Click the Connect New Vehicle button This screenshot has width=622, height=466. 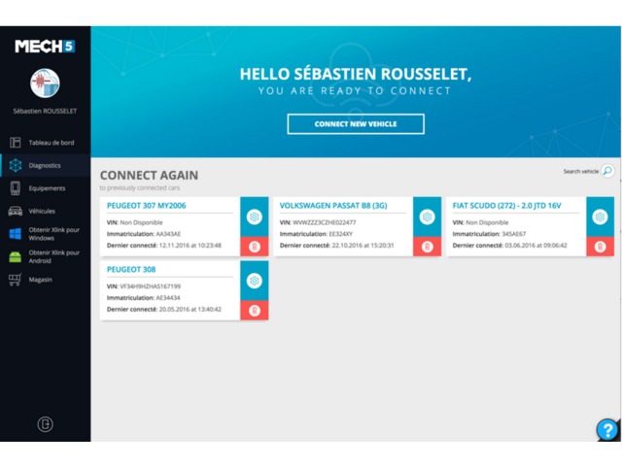click(356, 124)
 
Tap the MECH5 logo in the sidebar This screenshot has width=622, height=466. click(45, 47)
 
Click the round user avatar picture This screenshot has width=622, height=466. click(45, 83)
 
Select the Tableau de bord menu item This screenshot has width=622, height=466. click(52, 143)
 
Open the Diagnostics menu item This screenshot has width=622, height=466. click(45, 166)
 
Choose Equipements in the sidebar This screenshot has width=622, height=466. click(47, 188)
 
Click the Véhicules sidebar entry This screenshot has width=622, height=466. click(42, 212)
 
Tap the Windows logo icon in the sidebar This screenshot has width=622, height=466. click(16, 234)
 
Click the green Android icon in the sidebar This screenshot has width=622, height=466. click(16, 256)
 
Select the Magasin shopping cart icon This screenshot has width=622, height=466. click(15, 280)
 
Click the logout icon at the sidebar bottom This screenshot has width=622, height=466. click(46, 424)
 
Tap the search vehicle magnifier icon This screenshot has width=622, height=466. click(607, 171)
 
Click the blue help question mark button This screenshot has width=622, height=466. click(607, 429)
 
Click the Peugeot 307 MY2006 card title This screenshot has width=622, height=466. click(147, 206)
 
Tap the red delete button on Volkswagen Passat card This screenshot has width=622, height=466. click(427, 247)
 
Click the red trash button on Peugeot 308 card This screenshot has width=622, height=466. click(255, 311)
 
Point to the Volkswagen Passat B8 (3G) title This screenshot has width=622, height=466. click(333, 206)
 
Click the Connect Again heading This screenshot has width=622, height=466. click(149, 175)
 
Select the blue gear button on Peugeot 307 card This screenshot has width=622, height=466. click(255, 216)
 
